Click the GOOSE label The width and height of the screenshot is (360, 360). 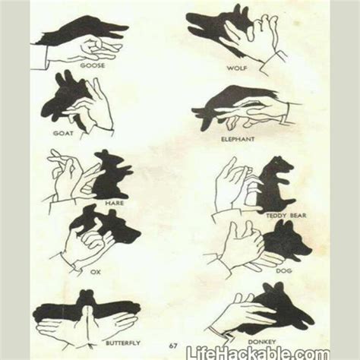coord(96,65)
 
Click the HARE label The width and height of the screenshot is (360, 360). coord(115,203)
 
